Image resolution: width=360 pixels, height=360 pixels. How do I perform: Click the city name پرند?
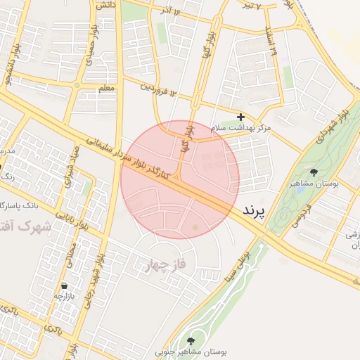pos(257,210)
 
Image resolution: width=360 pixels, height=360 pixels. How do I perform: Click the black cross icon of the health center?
pos(241,117)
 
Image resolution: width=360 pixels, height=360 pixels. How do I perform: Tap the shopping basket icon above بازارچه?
pos(65,286)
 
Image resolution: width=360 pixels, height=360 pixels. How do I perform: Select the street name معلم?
pos(106,89)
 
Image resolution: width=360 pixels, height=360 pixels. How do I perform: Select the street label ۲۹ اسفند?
pos(273,43)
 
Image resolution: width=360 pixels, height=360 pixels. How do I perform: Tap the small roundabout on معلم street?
pos(77,86)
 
